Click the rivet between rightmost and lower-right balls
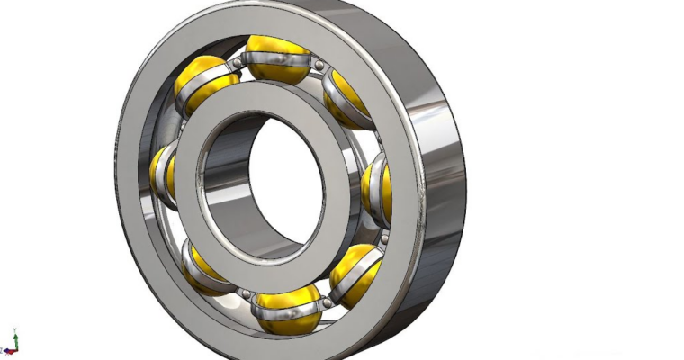pos(383,238)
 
